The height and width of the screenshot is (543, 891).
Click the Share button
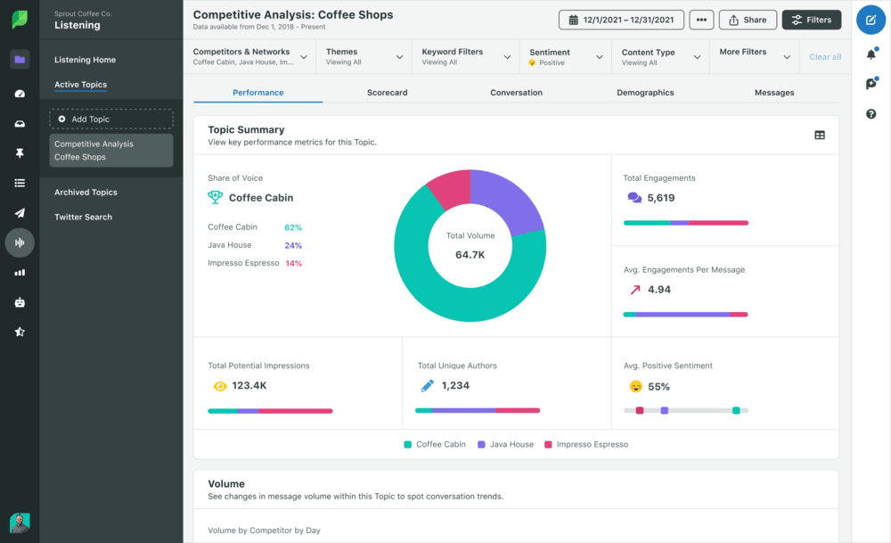748,20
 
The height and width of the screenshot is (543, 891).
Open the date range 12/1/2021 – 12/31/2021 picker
622,20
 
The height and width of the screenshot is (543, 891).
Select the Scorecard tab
387,93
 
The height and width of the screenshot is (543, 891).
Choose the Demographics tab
645,93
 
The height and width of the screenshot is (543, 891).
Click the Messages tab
773,93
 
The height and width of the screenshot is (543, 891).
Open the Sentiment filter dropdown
565,57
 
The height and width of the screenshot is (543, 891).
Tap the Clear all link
825,57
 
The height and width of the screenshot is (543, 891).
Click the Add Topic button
111,119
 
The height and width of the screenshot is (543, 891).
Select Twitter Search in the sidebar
83,217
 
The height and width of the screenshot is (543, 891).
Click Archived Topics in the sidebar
86,193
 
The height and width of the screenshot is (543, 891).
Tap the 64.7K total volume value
470,255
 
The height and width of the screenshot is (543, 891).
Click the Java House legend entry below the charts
505,444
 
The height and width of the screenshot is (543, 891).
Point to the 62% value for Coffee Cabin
293,227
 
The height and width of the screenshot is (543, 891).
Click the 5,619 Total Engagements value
660,198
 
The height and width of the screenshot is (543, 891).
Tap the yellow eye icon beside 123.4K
220,386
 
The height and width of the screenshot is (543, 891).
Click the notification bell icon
871,54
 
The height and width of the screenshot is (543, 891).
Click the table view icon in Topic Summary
819,136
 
